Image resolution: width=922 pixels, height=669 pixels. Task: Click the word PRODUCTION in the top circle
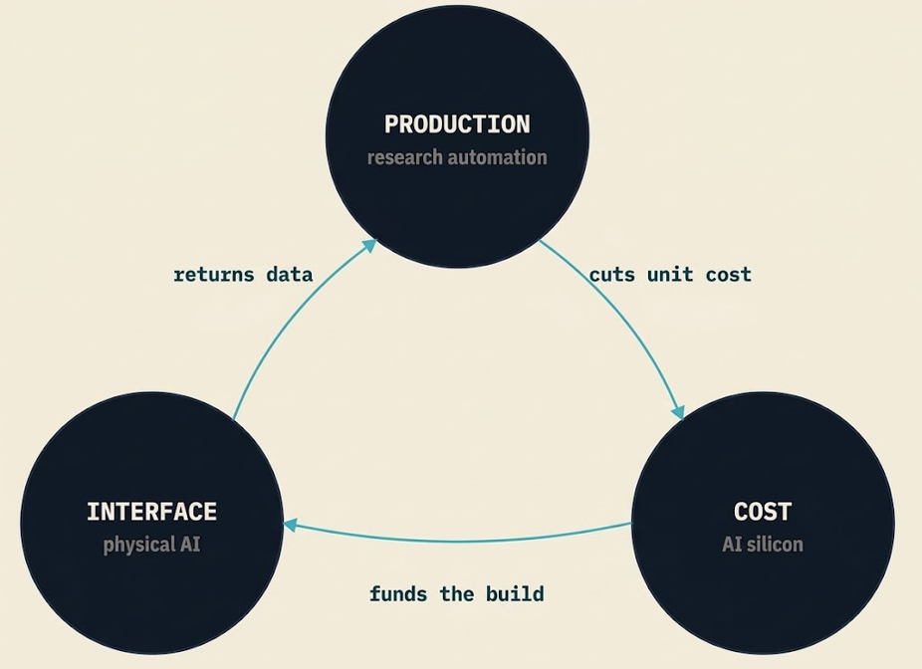pyautogui.click(x=457, y=124)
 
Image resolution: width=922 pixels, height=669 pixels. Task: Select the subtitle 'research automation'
pyautogui.click(x=457, y=157)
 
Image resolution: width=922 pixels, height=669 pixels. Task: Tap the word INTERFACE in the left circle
pyautogui.click(x=151, y=512)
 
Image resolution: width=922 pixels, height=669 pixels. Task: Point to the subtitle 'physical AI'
pyautogui.click(x=151, y=545)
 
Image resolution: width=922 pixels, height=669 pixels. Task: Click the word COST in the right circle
pyautogui.click(x=763, y=512)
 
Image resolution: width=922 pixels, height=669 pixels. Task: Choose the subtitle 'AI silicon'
pyautogui.click(x=763, y=545)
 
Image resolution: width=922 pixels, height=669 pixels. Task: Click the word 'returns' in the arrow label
pyautogui.click(x=214, y=275)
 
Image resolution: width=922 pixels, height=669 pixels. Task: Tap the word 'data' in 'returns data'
pyautogui.click(x=290, y=275)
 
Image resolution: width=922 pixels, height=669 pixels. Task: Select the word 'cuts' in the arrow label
pyautogui.click(x=612, y=275)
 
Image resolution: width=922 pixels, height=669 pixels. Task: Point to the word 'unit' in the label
pyautogui.click(x=670, y=275)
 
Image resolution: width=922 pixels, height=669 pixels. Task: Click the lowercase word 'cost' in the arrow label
pyautogui.click(x=729, y=275)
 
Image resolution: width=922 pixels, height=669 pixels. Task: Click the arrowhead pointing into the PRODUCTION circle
pyautogui.click(x=368, y=246)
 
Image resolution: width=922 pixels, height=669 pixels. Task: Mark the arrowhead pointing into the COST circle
pyautogui.click(x=678, y=411)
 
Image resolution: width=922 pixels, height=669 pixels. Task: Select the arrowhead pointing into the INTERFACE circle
pyautogui.click(x=292, y=525)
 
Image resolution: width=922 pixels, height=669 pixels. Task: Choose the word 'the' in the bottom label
pyautogui.click(x=457, y=593)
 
